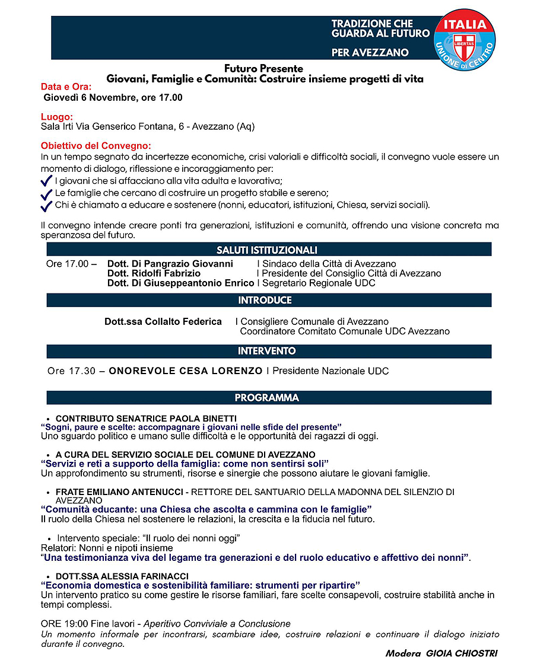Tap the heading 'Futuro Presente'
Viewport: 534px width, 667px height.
pos(263,69)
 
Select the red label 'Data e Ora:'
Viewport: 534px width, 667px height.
pos(66,87)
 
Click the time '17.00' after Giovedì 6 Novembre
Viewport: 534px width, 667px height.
pos(170,98)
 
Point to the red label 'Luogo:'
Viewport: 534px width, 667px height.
pos(56,117)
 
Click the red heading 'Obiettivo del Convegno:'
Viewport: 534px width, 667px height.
pos(96,146)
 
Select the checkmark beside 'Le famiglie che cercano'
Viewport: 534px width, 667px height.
pos(46,194)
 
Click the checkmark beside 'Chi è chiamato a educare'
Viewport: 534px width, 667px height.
pos(46,206)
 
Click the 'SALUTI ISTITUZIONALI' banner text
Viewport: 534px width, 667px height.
pos(267,250)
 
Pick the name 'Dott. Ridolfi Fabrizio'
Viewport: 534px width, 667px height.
pos(154,273)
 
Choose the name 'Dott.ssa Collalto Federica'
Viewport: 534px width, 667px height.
pos(163,321)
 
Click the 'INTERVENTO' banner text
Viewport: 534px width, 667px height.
pos(266,351)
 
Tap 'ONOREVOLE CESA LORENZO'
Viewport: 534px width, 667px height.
pos(185,371)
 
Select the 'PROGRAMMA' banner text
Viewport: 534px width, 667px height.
pos(266,397)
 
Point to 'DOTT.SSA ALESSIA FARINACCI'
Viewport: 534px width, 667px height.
pos(122,576)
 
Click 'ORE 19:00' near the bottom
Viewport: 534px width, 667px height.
pos(64,624)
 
